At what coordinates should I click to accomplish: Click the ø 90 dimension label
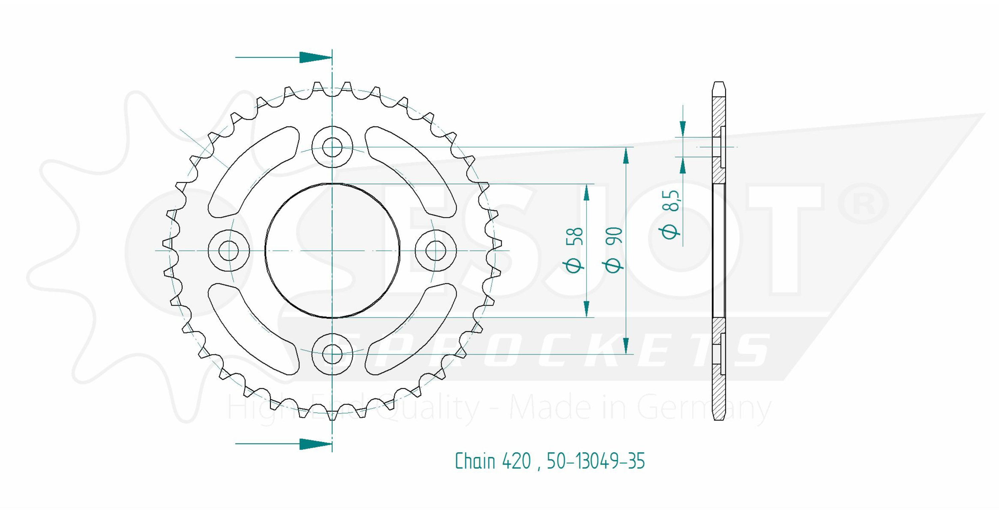click(613, 250)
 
